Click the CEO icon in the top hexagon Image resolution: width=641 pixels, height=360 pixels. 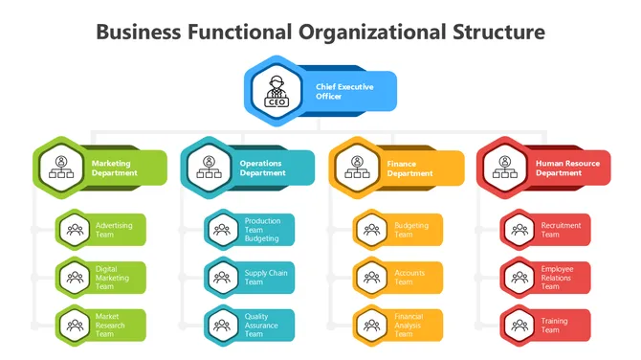click(x=275, y=90)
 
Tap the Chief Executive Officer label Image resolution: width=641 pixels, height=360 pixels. click(x=344, y=91)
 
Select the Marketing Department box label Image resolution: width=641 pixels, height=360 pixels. click(x=115, y=169)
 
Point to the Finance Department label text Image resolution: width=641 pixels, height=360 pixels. click(x=409, y=169)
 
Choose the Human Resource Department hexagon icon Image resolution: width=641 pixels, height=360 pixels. click(x=504, y=167)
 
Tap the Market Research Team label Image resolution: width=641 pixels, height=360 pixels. click(x=111, y=326)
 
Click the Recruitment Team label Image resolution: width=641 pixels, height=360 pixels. click(x=561, y=230)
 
